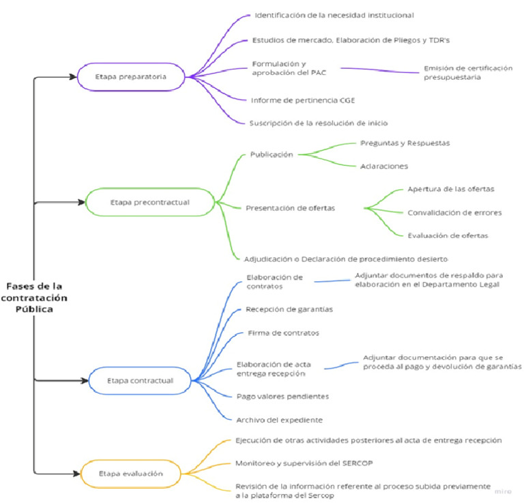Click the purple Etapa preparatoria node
pyautogui.click(x=130, y=76)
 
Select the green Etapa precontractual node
pyautogui.click(x=149, y=202)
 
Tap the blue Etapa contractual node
pyautogui.click(x=140, y=380)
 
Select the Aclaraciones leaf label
pyautogui.click(x=384, y=165)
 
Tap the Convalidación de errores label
pyautogui.click(x=454, y=212)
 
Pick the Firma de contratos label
pyautogui.click(x=282, y=333)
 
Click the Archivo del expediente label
pyautogui.click(x=279, y=420)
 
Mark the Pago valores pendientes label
pyautogui.click(x=282, y=396)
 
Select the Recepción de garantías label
pyautogui.click(x=289, y=309)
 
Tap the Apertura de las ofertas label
pyautogui.click(x=450, y=188)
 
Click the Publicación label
pyautogui.click(x=272, y=154)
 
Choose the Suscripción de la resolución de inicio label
pyautogui.click(x=319, y=123)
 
